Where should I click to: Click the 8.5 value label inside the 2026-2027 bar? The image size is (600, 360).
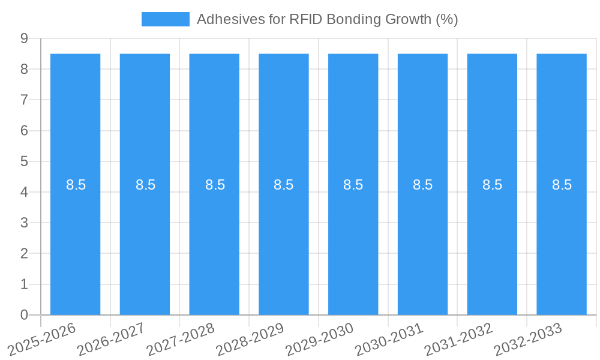click(145, 185)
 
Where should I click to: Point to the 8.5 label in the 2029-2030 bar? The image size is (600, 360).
click(353, 185)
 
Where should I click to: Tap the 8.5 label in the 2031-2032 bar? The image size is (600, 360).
click(492, 185)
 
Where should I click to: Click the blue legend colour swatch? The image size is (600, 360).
click(165, 19)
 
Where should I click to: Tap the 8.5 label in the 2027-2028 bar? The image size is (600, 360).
click(215, 185)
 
